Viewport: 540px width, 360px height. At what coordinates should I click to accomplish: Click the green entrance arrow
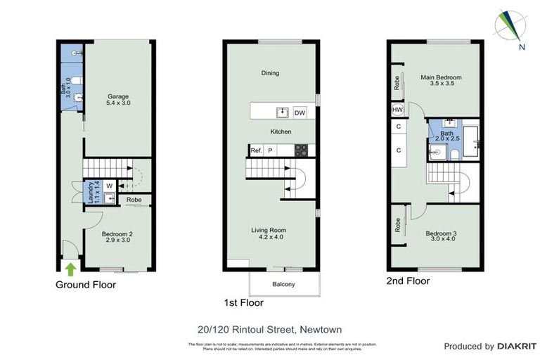coord(70,267)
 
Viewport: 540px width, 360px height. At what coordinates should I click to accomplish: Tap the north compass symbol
coord(510,27)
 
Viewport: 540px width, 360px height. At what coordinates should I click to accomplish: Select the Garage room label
coord(119,99)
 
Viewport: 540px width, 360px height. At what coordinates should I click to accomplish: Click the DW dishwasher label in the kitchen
coord(300,112)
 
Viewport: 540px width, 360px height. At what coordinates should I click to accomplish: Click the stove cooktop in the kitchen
coord(300,150)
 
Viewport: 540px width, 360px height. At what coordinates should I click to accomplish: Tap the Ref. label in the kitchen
coord(256,150)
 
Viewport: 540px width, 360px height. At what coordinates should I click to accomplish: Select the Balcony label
coord(283,284)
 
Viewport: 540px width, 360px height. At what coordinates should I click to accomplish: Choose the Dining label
coord(270,72)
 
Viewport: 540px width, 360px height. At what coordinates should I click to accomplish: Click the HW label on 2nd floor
coord(397,110)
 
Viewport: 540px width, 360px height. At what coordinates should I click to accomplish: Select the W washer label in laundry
coord(109,186)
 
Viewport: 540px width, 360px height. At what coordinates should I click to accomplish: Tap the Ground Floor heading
coord(86,285)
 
